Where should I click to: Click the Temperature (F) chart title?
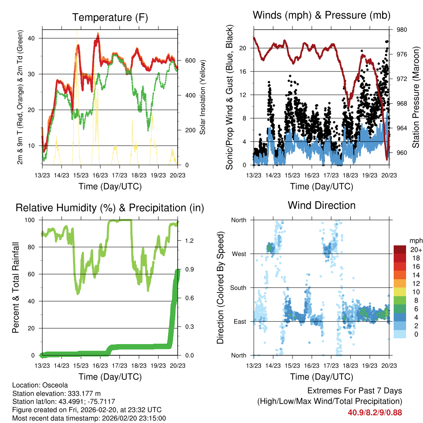coord(110,17)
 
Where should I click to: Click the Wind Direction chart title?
coord(321,205)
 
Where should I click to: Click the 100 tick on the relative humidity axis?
coord(31,220)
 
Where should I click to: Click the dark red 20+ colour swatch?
coord(400,250)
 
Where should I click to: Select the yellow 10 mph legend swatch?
coord(400,292)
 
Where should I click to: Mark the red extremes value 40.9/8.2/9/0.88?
coord(375,412)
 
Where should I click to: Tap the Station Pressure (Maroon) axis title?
coord(416,97)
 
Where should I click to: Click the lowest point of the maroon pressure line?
coord(387,159)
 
